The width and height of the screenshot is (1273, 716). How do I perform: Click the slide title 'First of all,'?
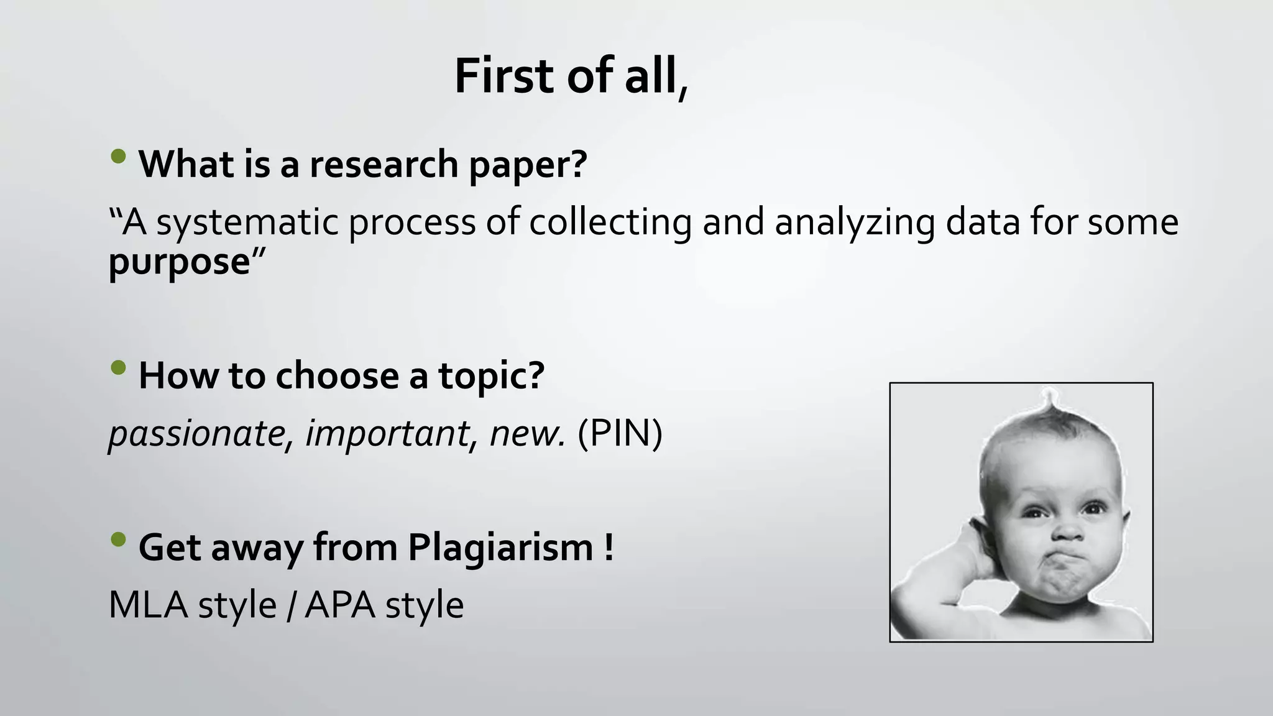click(571, 76)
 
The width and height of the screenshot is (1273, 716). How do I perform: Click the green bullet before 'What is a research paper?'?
click(118, 156)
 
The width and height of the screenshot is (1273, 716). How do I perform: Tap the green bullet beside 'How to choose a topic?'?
click(118, 368)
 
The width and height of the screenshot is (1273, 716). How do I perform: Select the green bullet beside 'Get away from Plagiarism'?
click(118, 539)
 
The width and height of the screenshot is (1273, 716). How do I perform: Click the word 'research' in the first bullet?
click(384, 164)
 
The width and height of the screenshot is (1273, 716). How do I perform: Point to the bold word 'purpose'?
click(179, 262)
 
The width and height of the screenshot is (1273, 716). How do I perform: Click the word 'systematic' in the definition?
click(247, 222)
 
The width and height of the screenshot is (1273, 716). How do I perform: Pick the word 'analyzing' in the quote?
click(854, 222)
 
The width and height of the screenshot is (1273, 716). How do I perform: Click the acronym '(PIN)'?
click(620, 433)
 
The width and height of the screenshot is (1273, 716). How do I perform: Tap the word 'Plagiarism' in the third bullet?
click(500, 548)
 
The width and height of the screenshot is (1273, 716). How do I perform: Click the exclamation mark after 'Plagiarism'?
click(609, 548)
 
